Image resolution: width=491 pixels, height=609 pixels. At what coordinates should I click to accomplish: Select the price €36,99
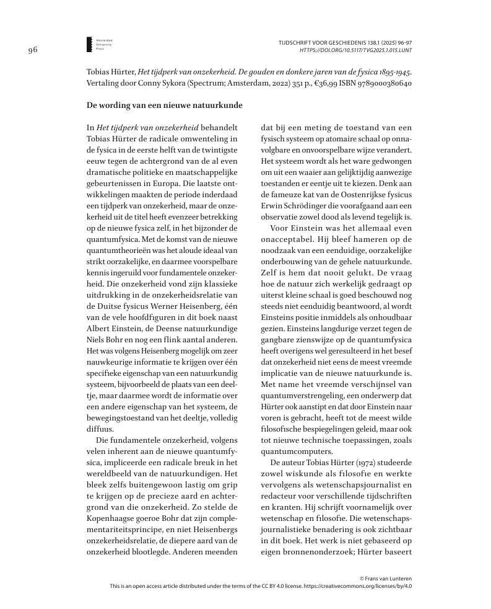(x=317, y=83)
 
